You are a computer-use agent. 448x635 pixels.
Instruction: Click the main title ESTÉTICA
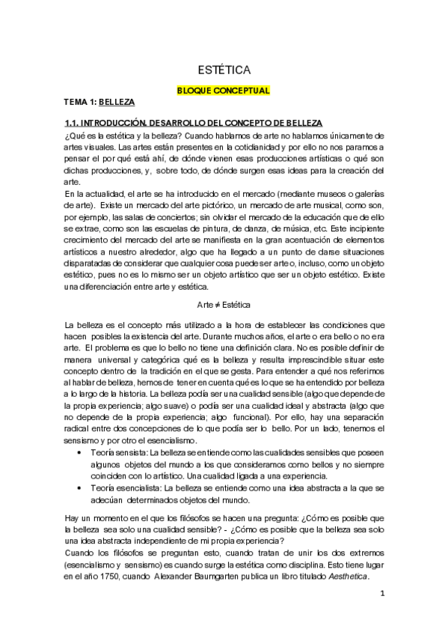(224, 70)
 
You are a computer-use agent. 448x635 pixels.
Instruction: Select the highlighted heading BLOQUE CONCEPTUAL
(223, 91)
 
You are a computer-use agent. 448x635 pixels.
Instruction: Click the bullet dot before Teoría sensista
(79, 452)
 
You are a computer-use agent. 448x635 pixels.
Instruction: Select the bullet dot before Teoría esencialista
(79, 487)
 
